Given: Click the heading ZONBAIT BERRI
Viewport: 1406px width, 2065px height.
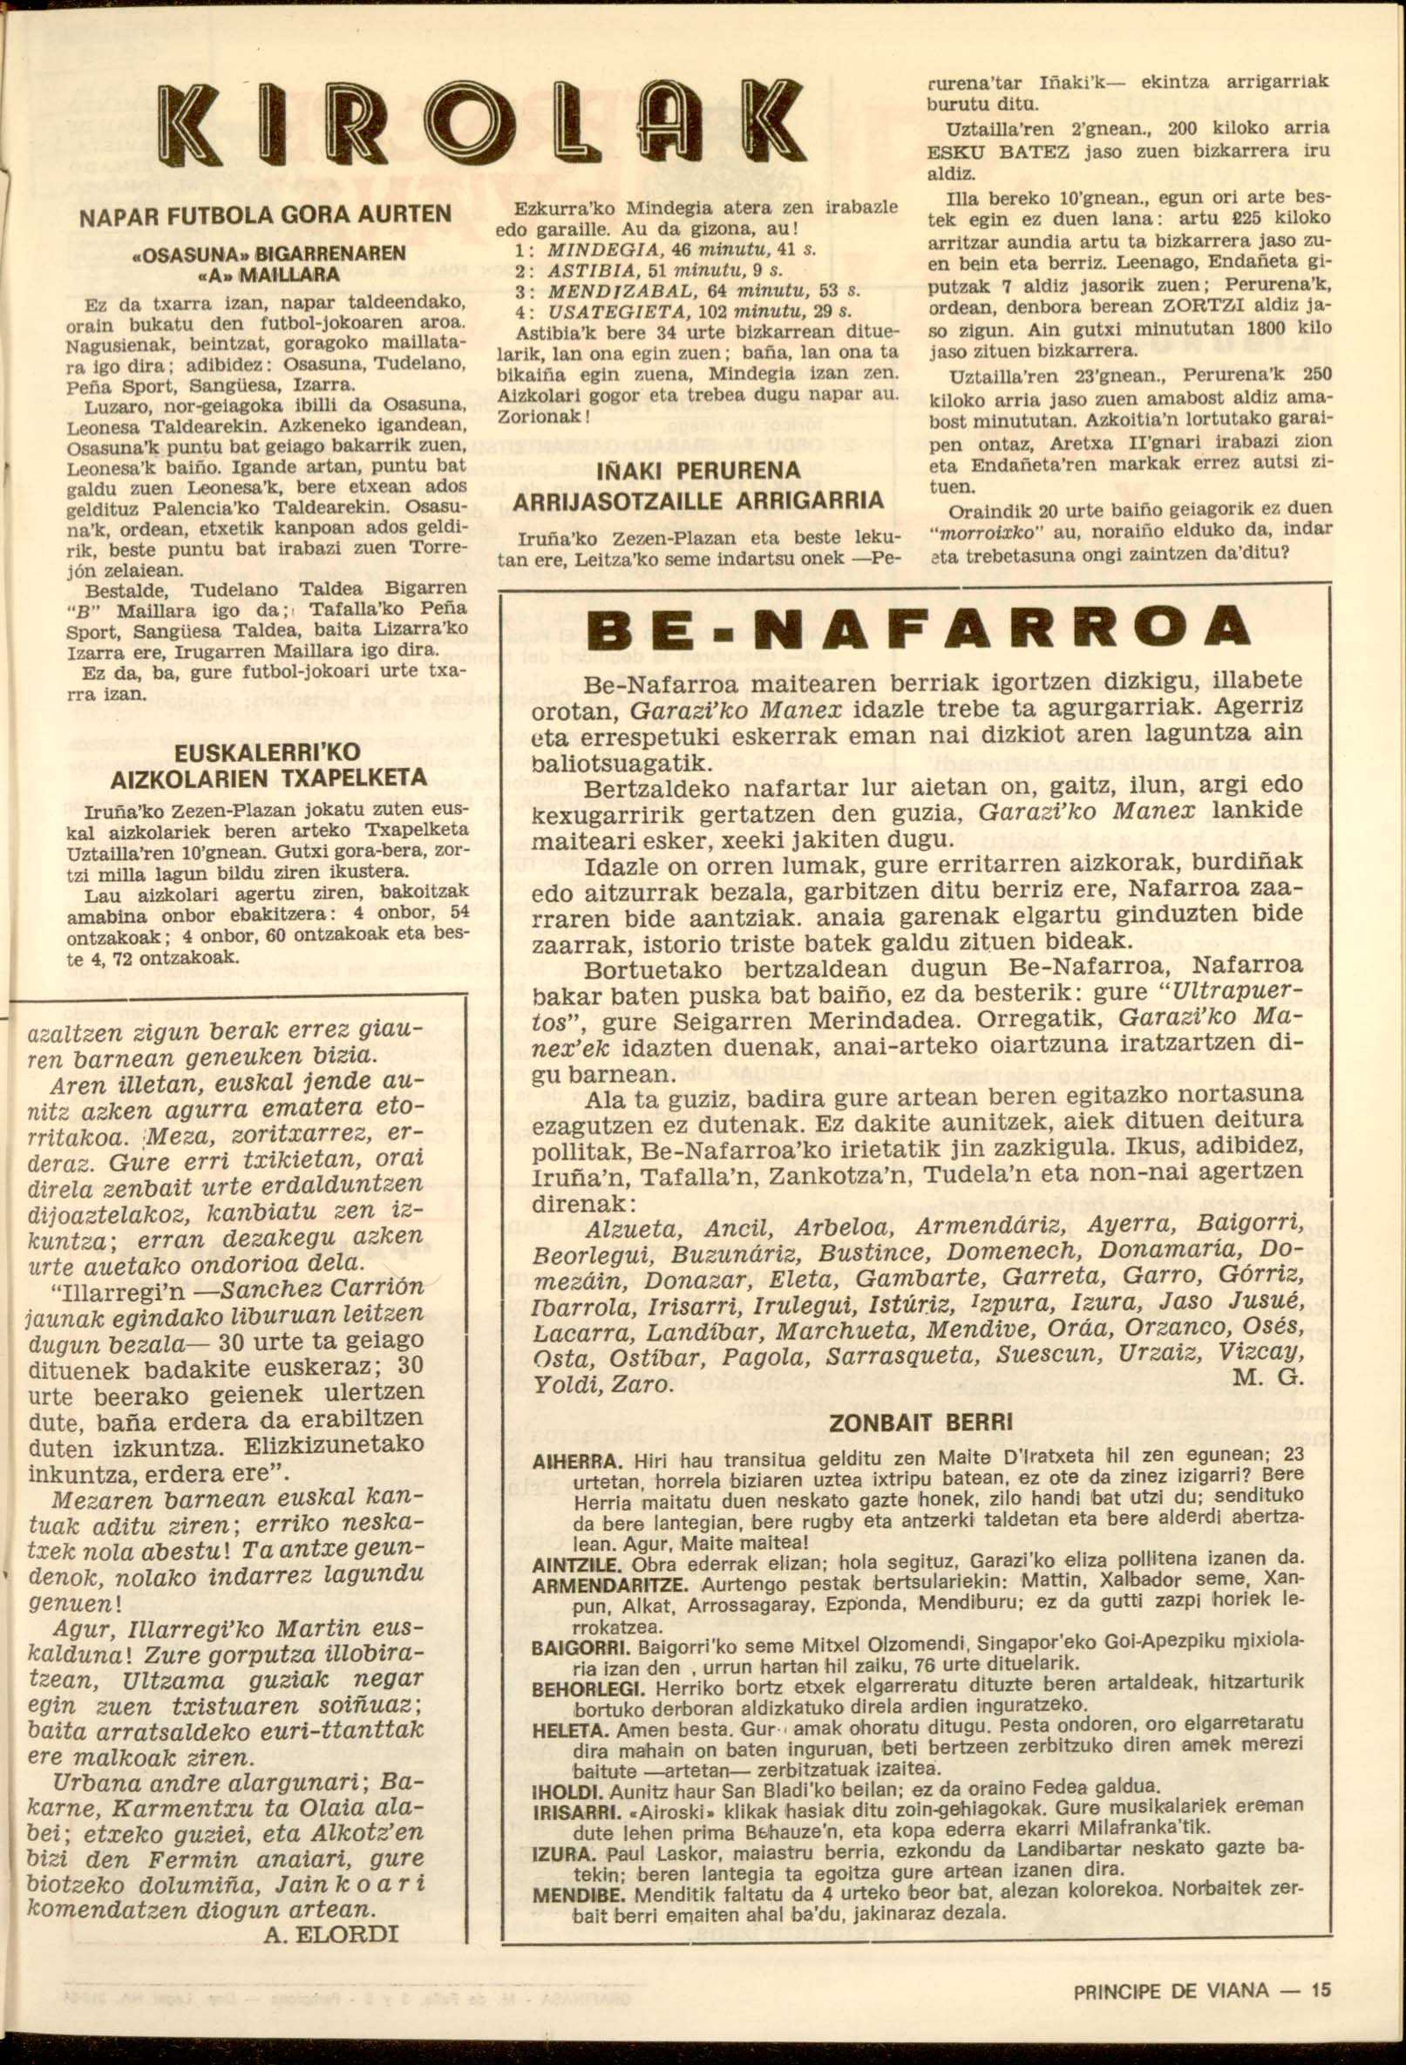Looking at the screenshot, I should coord(920,1423).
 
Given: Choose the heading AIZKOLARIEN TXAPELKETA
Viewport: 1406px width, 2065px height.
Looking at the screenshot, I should coord(268,778).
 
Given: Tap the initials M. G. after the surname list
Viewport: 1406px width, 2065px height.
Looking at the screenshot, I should coord(1269,1378).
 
